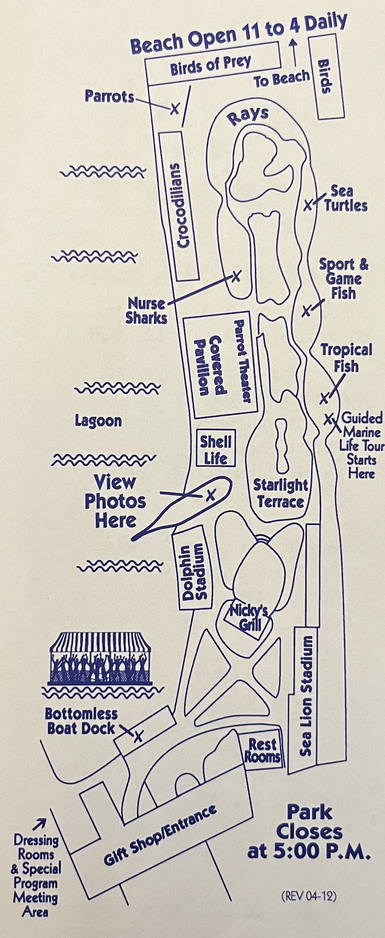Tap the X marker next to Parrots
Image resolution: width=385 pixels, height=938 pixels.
tap(174, 108)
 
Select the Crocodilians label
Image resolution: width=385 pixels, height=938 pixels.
tap(181, 205)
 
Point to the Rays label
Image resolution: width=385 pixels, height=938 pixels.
tap(248, 116)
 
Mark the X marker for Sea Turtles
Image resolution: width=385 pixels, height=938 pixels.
tap(308, 205)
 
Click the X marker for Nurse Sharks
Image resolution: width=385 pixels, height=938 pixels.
tap(236, 276)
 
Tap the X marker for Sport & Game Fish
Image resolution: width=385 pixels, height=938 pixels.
tap(306, 310)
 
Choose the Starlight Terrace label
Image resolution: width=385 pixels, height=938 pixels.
tap(280, 493)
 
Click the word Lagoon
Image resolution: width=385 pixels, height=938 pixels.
tap(98, 420)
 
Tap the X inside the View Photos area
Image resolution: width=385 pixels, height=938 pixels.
tap(210, 495)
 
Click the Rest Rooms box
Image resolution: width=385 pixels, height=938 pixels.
tap(262, 750)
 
